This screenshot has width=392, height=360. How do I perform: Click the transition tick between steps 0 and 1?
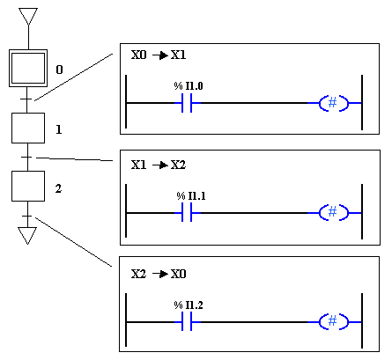[26, 99]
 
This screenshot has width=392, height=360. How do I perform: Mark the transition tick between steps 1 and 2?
[26, 158]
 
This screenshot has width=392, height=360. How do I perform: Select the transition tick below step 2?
[27, 216]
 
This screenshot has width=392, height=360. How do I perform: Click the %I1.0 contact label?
[189, 86]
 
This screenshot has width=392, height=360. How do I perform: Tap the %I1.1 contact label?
[191, 195]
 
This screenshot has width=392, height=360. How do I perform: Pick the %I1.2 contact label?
[189, 305]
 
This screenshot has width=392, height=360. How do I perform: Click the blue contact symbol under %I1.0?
[187, 103]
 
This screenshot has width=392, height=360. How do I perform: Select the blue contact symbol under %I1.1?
[187, 212]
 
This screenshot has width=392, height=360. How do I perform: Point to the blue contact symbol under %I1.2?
[187, 322]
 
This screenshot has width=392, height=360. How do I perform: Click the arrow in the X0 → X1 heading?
[160, 55]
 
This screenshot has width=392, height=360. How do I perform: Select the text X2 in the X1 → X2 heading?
[179, 165]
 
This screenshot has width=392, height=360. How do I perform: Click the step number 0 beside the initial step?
[59, 70]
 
